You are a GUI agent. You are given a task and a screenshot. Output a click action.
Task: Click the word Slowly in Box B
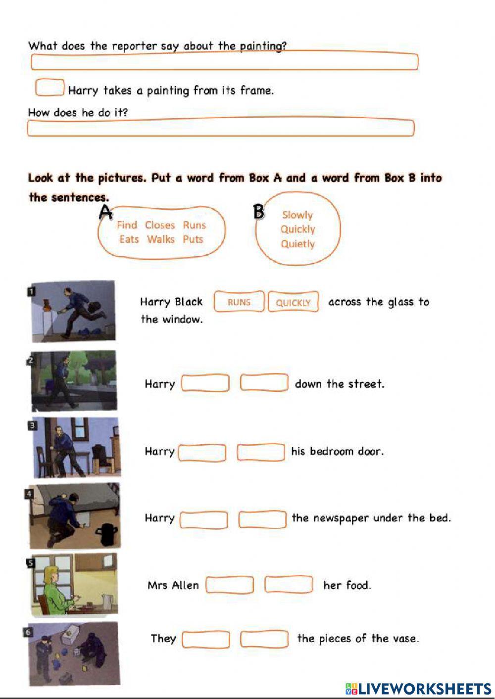coord(297,215)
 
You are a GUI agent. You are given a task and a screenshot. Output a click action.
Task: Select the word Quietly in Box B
coord(297,244)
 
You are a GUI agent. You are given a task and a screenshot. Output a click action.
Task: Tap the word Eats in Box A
coord(129,239)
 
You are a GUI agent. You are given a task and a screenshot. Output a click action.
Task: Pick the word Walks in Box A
coord(161,239)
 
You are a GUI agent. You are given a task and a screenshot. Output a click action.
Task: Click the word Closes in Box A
coord(160,225)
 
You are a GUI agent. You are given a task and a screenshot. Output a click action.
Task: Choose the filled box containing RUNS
coord(239,302)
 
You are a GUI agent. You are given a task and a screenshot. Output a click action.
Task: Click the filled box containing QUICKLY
coord(293,302)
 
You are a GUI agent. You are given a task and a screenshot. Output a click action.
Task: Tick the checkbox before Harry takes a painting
coord(49,88)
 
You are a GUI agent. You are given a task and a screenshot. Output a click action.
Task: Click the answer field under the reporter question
coord(224,62)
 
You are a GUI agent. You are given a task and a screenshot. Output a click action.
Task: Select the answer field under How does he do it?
coord(220,128)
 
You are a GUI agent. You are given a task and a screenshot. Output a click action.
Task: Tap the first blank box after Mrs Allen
coord(230,585)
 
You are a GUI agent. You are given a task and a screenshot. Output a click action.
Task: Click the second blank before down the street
coord(264,383)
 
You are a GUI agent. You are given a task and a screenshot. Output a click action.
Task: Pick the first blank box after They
coord(206,639)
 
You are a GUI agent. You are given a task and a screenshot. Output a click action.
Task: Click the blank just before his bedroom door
coord(261,452)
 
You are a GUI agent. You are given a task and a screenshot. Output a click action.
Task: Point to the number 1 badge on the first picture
coord(31,291)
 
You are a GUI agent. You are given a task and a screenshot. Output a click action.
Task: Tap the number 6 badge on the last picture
coord(28,632)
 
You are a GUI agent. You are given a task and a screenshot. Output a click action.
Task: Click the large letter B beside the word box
coord(258,212)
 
